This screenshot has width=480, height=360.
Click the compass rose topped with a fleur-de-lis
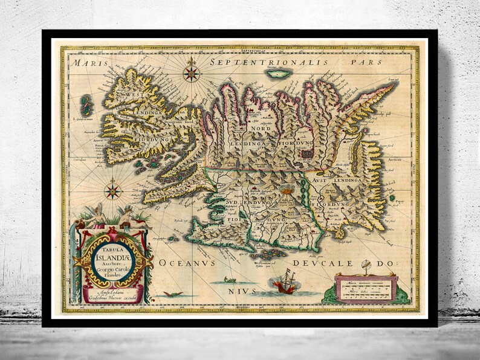192,73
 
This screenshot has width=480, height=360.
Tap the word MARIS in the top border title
85,62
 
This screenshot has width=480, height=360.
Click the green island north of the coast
280,74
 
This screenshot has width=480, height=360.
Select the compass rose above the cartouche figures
112,191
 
